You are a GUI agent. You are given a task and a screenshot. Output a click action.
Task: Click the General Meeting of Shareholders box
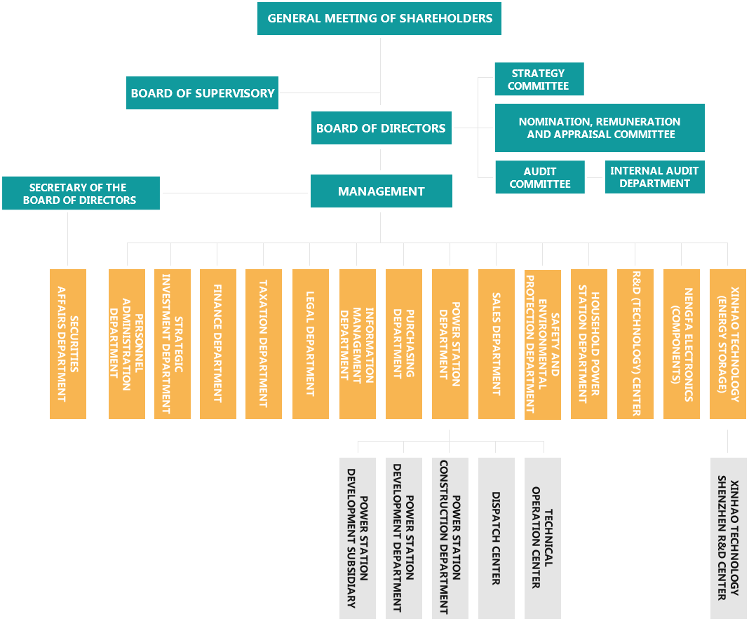point(379,19)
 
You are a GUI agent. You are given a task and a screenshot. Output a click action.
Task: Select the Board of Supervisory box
point(202,93)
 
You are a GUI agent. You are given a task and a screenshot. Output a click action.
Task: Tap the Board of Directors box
point(381,128)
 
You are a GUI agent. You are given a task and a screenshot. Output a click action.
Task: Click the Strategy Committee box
point(539,79)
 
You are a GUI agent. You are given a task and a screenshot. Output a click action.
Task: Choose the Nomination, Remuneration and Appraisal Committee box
point(599,128)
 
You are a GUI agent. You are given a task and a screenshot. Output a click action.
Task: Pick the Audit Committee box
point(539,177)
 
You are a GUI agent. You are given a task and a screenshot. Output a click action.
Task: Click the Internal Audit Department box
point(654,177)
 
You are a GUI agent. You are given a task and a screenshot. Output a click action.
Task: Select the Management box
point(381,191)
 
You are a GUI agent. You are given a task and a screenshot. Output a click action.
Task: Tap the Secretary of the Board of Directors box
point(81,193)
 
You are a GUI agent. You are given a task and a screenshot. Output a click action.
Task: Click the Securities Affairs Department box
point(67,343)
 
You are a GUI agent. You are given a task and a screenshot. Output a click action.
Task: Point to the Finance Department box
point(217,343)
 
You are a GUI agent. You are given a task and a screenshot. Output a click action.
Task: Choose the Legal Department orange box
point(310,343)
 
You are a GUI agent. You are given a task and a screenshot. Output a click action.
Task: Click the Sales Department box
point(496,343)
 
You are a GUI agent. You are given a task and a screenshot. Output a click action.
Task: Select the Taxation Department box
point(263,343)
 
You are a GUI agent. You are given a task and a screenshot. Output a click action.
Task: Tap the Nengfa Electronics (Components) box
point(680,343)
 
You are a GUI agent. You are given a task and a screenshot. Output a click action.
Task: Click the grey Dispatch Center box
point(496,537)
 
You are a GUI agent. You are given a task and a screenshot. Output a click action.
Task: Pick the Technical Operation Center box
point(542,537)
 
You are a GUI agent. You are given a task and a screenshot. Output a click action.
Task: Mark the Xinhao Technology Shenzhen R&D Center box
point(727,537)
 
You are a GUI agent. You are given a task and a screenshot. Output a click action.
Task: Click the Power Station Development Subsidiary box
point(357,537)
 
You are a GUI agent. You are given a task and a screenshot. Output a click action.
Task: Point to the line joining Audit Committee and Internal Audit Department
point(595,177)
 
